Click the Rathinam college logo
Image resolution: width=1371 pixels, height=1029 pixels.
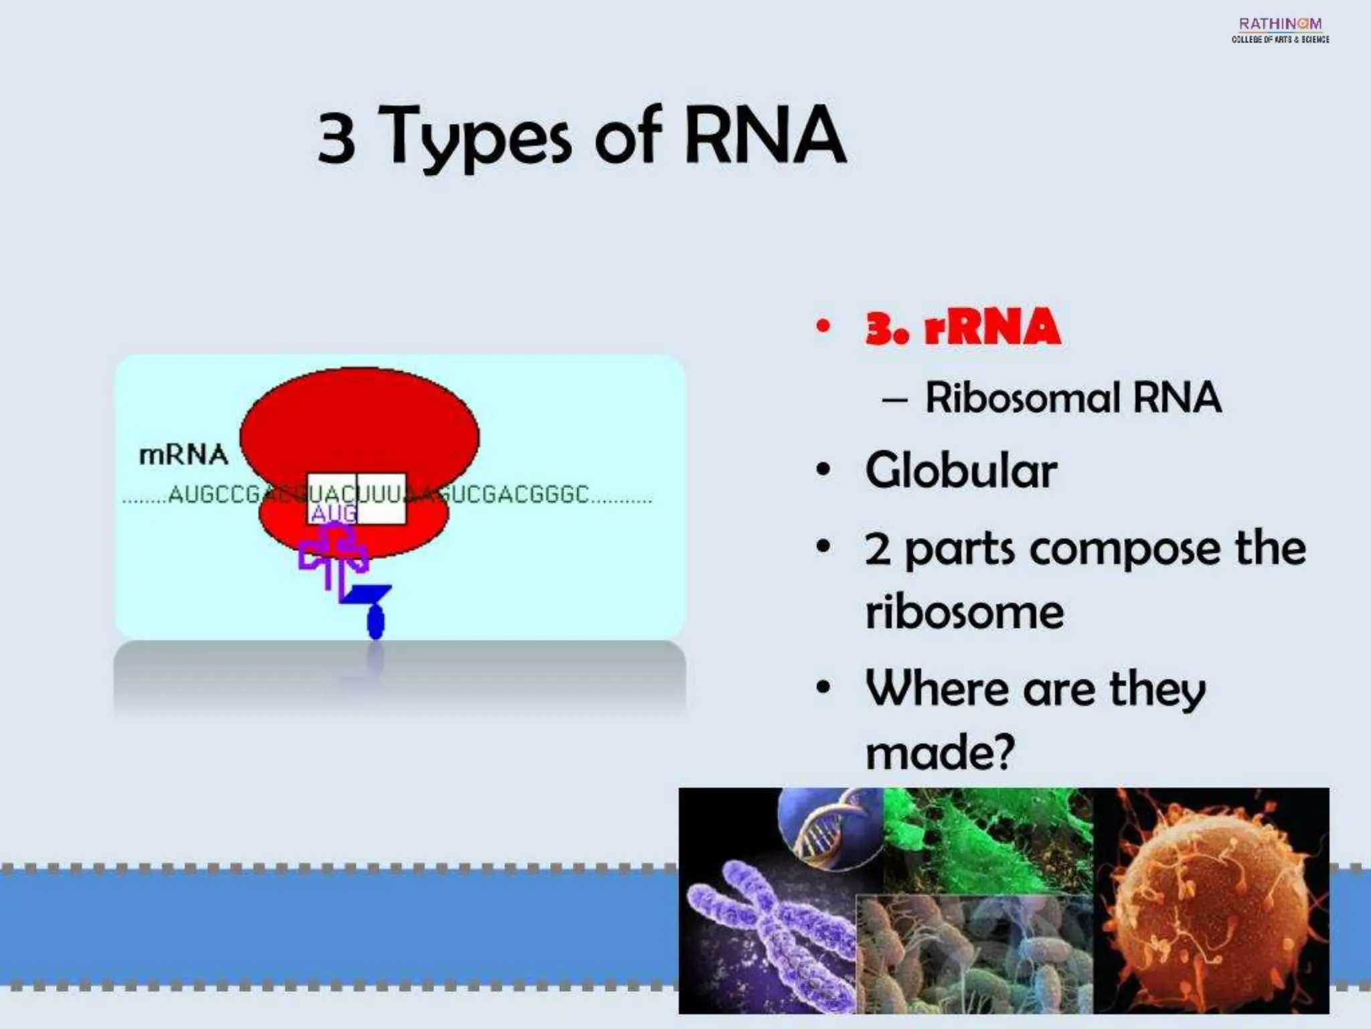point(1280,29)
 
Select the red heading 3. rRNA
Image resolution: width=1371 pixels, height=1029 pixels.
point(963,328)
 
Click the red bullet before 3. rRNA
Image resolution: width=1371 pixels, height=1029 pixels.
point(823,327)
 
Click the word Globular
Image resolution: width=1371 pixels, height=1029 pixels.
point(961,470)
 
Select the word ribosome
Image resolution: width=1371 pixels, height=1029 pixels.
point(964,612)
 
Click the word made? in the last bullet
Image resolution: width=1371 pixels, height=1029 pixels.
point(940,753)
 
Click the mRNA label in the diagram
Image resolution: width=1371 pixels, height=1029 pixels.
point(183,456)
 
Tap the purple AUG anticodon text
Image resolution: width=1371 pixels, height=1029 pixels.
point(332,514)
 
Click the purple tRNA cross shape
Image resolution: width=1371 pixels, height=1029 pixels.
point(333,556)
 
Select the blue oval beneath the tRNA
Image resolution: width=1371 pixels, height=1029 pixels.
point(376,622)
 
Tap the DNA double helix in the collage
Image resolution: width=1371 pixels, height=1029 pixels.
point(830,827)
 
